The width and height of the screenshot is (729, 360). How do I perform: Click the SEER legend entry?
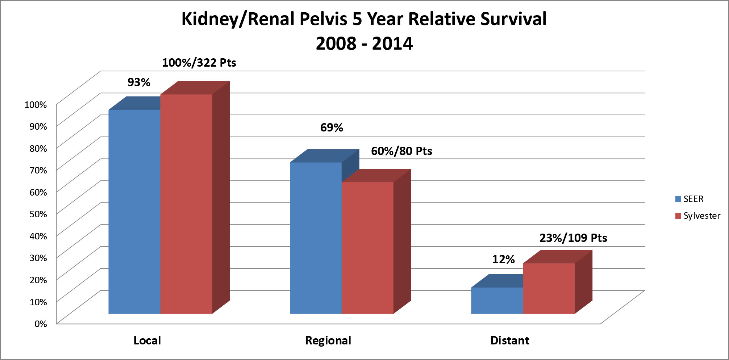coord(690,199)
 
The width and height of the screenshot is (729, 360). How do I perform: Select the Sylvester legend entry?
coord(697,216)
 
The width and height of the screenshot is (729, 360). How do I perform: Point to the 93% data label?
coord(139,82)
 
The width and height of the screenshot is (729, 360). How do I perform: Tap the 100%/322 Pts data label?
coord(199,63)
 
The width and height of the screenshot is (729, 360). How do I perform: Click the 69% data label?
coord(332,127)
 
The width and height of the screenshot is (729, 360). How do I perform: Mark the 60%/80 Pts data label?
coord(401,151)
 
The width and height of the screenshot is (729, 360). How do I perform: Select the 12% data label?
coord(503,259)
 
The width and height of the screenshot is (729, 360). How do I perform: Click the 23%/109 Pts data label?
coord(573,238)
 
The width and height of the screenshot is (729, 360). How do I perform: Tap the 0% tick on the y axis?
coord(41,324)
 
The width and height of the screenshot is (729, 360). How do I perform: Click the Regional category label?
coord(328,340)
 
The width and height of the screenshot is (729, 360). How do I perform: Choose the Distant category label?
coord(510,340)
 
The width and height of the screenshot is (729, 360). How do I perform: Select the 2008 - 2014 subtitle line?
coord(364,43)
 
